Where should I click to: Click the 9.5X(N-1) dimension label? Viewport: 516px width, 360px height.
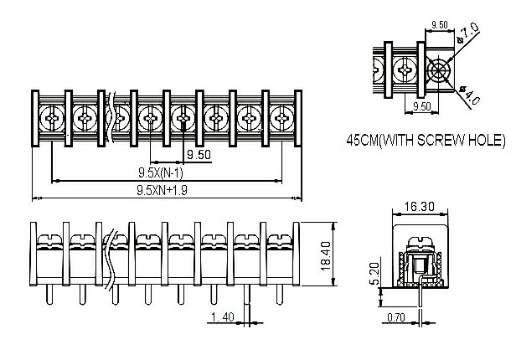[x=160, y=172]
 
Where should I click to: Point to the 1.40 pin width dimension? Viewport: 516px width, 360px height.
[x=223, y=316]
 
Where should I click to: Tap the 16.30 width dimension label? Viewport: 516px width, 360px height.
[x=417, y=205]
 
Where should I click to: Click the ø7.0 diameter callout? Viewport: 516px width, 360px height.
[x=468, y=34]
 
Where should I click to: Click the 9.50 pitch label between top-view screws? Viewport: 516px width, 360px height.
[x=199, y=156]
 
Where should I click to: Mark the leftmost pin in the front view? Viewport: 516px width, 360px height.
[x=49, y=295]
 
